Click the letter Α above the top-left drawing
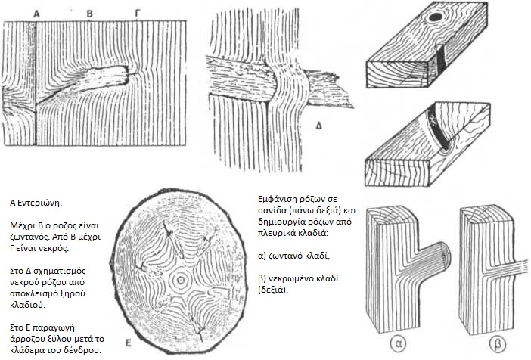(x=36, y=14)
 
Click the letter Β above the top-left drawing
(x=89, y=14)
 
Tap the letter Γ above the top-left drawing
(x=138, y=14)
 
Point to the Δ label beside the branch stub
(x=318, y=126)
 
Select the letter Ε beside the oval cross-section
(x=128, y=343)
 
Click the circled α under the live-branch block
(x=398, y=343)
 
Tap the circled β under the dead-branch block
(x=498, y=343)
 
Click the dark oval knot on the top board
(x=435, y=17)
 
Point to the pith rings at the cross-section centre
(x=181, y=280)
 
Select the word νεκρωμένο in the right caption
(x=288, y=279)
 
